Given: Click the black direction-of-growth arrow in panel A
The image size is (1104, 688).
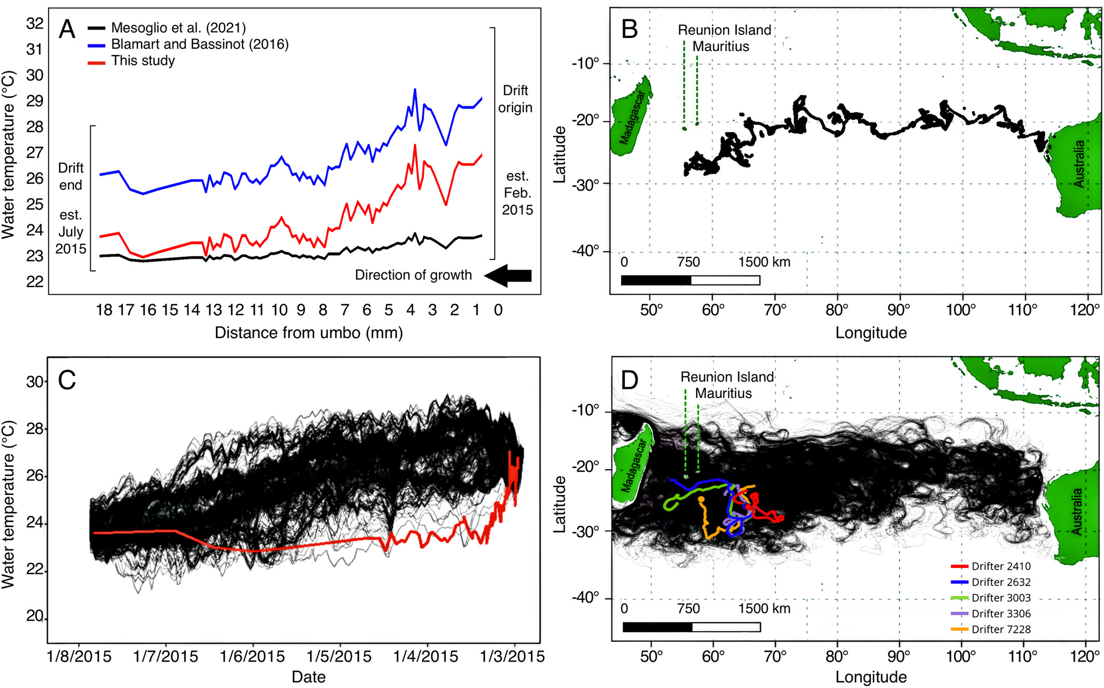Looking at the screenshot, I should pyautogui.click(x=508, y=276).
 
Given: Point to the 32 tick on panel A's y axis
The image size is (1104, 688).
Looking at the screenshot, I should pyautogui.click(x=35, y=23).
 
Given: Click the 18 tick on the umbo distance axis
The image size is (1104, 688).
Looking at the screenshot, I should pyautogui.click(x=104, y=310).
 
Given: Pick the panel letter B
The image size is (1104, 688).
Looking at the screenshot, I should pyautogui.click(x=629, y=29).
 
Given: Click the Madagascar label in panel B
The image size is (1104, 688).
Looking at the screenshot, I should pyautogui.click(x=631, y=118).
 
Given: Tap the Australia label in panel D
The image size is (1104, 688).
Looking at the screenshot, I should pyautogui.click(x=1077, y=512).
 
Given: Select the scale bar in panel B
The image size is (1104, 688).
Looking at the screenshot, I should pyautogui.click(x=690, y=281).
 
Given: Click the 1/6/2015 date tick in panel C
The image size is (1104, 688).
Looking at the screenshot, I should pyautogui.click(x=253, y=657).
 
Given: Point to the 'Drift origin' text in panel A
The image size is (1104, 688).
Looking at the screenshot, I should pyautogui.click(x=515, y=99).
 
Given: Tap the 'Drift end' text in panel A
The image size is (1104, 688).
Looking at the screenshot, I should pyautogui.click(x=71, y=176).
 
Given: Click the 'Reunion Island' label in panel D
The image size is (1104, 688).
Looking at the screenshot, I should pyautogui.click(x=727, y=377).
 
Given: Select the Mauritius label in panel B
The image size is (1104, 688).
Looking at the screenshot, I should pyautogui.click(x=721, y=47).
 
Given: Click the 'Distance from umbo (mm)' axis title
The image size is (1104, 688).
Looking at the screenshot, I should pyautogui.click(x=309, y=333).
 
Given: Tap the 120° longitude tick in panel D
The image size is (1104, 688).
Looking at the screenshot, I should pyautogui.click(x=1086, y=657).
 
